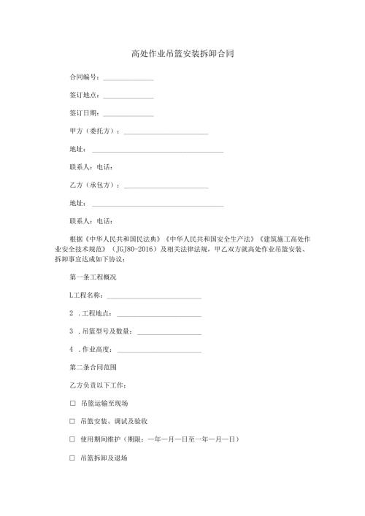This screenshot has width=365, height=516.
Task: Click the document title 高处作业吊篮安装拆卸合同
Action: pyautogui.click(x=182, y=53)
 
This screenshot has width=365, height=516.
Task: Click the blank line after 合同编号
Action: pyautogui.click(x=128, y=78)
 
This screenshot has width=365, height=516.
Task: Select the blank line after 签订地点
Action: pyautogui.click(x=128, y=96)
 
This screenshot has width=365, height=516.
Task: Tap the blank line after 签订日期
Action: pyautogui.click(x=128, y=115)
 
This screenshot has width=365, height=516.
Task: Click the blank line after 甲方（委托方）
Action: pyautogui.click(x=166, y=133)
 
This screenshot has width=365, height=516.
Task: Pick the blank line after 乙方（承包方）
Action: pyautogui.click(x=166, y=187)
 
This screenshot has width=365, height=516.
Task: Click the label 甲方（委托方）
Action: pyautogui.click(x=94, y=131)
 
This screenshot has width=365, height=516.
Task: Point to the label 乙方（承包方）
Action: pyautogui.click(x=94, y=185)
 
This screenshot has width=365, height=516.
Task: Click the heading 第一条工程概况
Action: pyautogui.click(x=93, y=277)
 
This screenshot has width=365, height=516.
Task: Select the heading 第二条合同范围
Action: pyautogui.click(x=93, y=366)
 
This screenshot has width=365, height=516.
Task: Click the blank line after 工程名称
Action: pyautogui.click(x=154, y=297)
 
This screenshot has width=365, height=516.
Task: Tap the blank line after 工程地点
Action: pyautogui.click(x=158, y=315)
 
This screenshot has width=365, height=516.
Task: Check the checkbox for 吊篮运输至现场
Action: pyautogui.click(x=72, y=403)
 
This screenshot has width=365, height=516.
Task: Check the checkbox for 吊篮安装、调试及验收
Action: pyautogui.click(x=72, y=421)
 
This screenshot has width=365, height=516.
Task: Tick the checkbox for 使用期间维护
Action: pyautogui.click(x=72, y=439)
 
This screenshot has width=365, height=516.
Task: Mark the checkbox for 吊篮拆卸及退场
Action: pyautogui.click(x=72, y=458)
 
